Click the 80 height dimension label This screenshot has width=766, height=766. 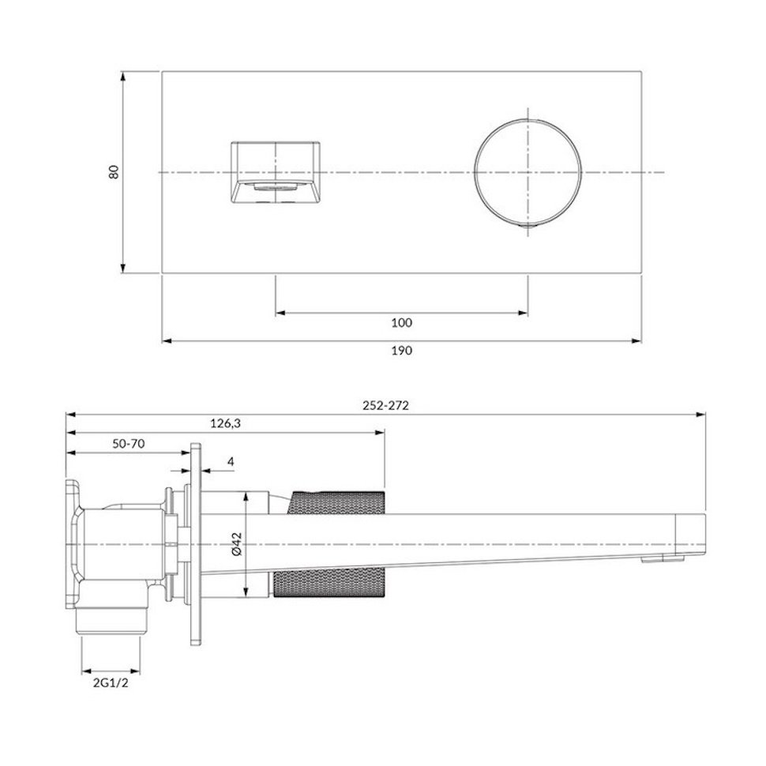click(x=114, y=172)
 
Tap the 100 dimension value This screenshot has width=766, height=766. click(x=402, y=322)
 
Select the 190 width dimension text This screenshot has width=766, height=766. click(x=402, y=351)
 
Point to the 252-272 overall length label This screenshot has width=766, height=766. click(x=385, y=405)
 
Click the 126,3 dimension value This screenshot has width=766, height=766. click(x=226, y=423)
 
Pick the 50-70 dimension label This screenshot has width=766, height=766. click(x=129, y=444)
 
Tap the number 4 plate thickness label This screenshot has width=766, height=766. click(x=231, y=462)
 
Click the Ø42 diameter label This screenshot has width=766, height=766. click(x=237, y=544)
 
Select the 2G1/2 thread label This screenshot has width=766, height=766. click(x=111, y=683)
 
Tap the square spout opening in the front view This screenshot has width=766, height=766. click(x=276, y=172)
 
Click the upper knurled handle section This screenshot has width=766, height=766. click(x=336, y=502)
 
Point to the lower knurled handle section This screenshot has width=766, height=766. click(x=329, y=585)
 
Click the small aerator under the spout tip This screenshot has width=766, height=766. click(x=650, y=561)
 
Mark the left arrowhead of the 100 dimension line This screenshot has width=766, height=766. click(x=281, y=313)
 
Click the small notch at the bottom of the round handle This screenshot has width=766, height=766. click(x=528, y=226)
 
